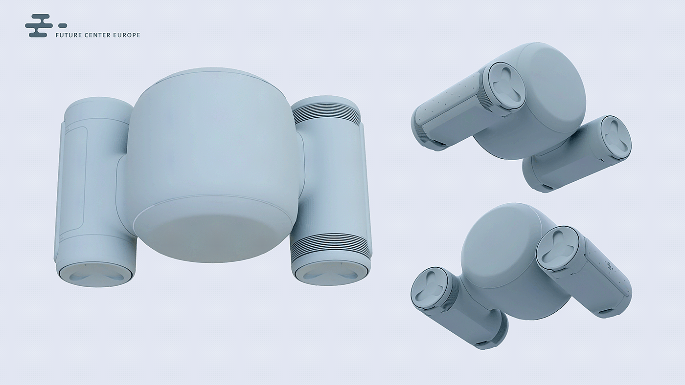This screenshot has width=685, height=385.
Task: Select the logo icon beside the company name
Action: pyautogui.click(x=46, y=25)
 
